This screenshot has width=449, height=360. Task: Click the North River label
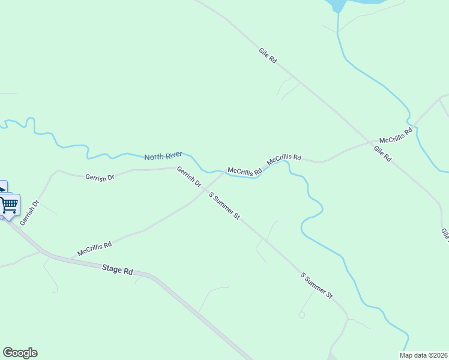[x=163, y=156]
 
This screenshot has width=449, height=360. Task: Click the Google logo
[x=20, y=353]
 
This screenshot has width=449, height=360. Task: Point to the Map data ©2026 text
[x=424, y=355]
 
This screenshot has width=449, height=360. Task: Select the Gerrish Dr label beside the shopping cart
[x=29, y=213]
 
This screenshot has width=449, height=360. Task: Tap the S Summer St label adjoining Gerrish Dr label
[x=224, y=206]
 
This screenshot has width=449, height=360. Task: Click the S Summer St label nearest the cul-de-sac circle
[x=316, y=286]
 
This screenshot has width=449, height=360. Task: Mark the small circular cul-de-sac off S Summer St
[x=301, y=314]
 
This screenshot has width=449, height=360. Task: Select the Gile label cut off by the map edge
[x=444, y=234]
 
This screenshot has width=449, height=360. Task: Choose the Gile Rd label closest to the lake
[x=268, y=56]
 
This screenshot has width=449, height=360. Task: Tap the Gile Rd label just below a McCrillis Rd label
[x=382, y=154]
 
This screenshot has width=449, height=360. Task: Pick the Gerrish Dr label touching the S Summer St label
[x=189, y=179]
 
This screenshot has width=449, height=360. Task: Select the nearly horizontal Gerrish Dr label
[x=100, y=178]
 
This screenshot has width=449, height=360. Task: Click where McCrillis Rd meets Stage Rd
[x=73, y=259]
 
